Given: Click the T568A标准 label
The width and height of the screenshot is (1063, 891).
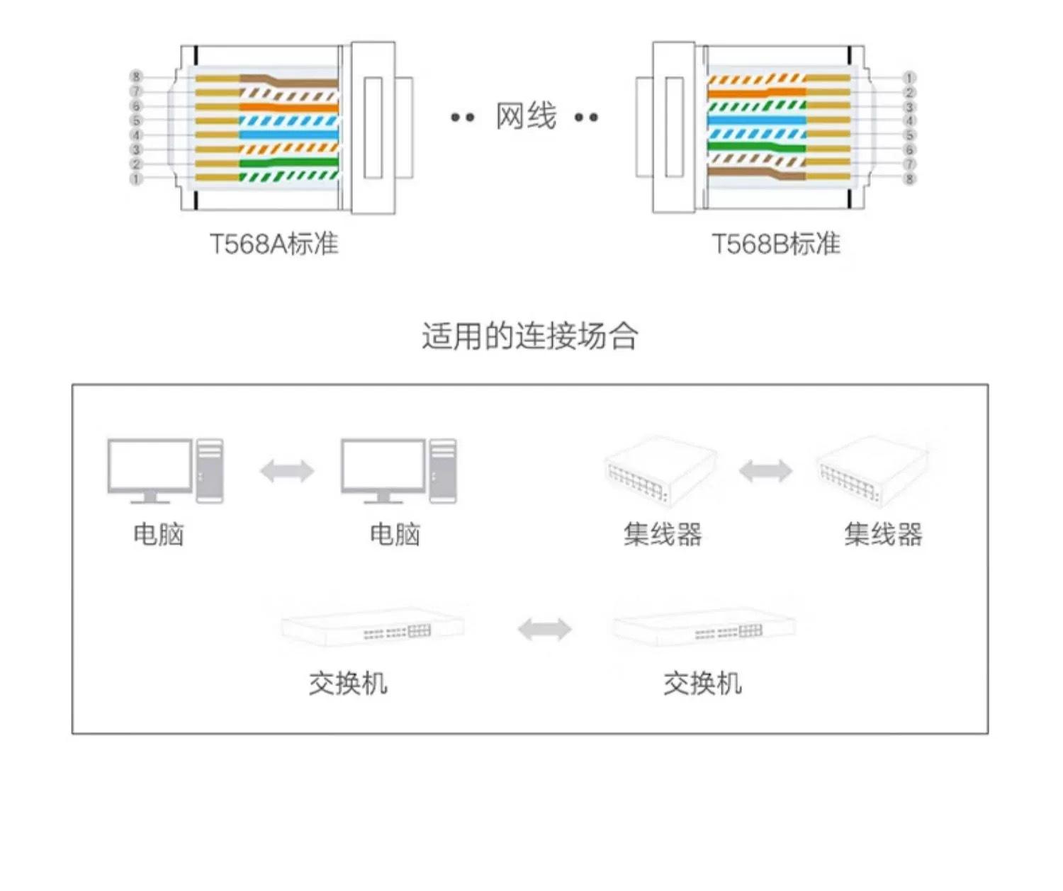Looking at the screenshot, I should click(274, 244).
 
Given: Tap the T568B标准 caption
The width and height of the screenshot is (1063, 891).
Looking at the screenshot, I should click(775, 244).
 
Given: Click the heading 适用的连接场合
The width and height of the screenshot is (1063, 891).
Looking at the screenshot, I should click(530, 336).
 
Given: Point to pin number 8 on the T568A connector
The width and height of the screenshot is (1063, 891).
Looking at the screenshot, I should click(136, 76).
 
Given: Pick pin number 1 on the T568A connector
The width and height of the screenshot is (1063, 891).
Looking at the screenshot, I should click(136, 178).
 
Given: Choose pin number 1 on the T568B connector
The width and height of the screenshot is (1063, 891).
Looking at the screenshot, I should click(909, 77).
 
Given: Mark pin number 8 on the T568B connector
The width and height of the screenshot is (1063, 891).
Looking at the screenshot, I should click(909, 178).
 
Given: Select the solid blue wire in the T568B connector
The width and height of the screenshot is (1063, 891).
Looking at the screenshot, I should click(755, 120).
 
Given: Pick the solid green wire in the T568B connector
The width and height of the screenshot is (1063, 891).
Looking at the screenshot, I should click(755, 148).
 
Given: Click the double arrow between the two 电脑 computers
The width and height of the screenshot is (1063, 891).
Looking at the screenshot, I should click(287, 471).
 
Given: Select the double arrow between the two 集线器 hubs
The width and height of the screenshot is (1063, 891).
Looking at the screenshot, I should click(765, 470).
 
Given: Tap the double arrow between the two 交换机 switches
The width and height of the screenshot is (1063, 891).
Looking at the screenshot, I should click(544, 629).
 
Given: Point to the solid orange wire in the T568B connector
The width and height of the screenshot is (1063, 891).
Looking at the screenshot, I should click(755, 92).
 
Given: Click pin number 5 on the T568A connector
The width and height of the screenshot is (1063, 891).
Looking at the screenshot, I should click(136, 120).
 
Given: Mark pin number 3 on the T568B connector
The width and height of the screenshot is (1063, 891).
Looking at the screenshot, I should click(909, 107).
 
